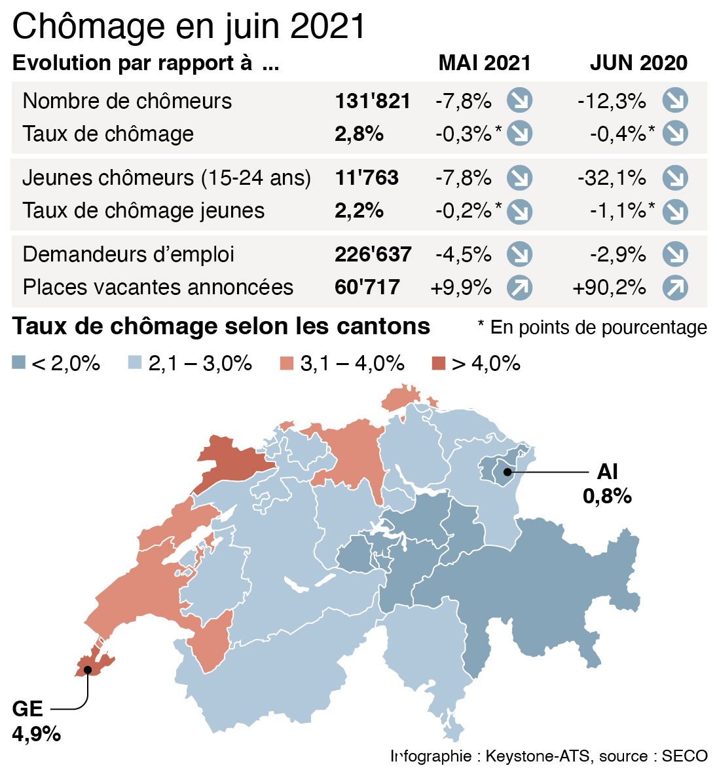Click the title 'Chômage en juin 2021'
coord(189,26)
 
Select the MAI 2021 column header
coord(485,63)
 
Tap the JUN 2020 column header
coord(638,63)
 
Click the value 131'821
coord(373,101)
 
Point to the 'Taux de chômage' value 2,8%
coord(359,134)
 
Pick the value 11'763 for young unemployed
coord(367,178)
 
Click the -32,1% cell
coord(612,178)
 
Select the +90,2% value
coord(609,287)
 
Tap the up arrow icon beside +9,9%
coord(519,287)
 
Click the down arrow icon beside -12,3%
coord(675,101)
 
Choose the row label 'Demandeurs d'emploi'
coord(128,254)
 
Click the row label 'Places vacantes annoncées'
coord(158,287)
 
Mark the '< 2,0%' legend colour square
coord(19,362)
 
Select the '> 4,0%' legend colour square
coord(439,362)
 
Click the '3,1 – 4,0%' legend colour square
coord(286,362)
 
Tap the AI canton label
coord(607,472)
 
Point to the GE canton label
coord(28,708)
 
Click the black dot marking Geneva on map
coord(86,669)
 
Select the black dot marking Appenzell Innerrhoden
coord(507,471)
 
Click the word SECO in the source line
coord(684,756)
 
